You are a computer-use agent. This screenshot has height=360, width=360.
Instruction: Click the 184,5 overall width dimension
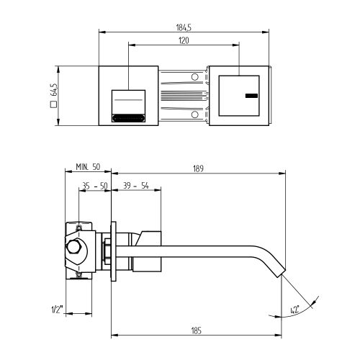click(x=184, y=27)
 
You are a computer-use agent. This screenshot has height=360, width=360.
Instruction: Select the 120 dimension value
click(x=184, y=41)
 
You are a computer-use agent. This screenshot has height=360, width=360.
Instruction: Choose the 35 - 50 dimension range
click(x=94, y=185)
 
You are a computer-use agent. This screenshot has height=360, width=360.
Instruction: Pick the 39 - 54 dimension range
click(x=136, y=185)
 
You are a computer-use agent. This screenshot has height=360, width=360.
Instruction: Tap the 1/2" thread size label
click(x=56, y=310)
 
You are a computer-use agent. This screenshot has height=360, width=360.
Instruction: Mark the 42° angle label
click(x=294, y=309)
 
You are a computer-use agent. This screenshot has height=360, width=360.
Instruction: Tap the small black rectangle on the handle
click(x=251, y=96)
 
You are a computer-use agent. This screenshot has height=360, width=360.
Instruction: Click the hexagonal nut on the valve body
click(x=73, y=250)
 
